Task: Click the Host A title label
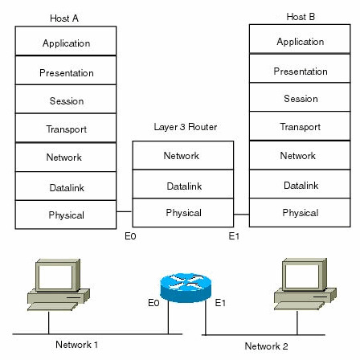64,18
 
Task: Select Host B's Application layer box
300,39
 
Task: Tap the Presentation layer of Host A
66,70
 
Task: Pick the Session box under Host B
300,97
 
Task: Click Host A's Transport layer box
66,128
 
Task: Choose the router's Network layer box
183,155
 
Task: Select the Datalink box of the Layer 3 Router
183,184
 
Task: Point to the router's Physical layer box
183,213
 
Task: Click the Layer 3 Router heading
186,127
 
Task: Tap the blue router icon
186,288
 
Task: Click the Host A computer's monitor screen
55,276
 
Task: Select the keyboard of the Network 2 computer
300,305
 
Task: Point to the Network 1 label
76,345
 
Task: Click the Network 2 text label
266,346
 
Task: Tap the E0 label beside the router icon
153,303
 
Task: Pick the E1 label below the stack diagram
234,236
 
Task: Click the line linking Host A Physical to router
125,211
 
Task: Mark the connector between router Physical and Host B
241,215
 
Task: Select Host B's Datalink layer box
300,184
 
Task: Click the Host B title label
301,17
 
